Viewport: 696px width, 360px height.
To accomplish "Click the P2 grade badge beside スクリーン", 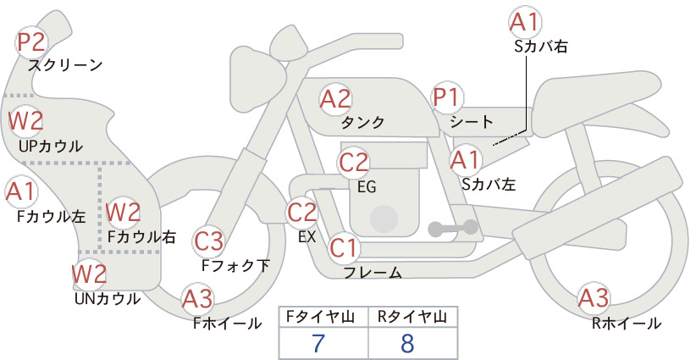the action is (x=31, y=42).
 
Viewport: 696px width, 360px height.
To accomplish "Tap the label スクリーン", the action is (x=65, y=66).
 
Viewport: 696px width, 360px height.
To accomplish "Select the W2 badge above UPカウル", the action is (x=25, y=121).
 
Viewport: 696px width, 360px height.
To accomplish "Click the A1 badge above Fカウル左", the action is (x=20, y=191).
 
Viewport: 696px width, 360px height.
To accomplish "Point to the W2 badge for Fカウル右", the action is (x=124, y=212).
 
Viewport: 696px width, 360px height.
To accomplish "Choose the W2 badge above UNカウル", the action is (x=90, y=274).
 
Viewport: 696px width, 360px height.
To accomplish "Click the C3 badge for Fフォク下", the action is (x=208, y=241).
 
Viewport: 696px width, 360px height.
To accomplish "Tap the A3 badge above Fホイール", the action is (x=197, y=298).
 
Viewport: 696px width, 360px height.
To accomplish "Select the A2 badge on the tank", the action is (x=335, y=99).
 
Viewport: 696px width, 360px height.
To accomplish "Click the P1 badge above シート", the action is (x=447, y=97).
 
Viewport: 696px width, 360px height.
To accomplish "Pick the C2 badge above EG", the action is (x=354, y=163).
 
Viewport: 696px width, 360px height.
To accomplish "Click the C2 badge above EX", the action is (x=302, y=212).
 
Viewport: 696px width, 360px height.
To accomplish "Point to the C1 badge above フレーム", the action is (x=344, y=247).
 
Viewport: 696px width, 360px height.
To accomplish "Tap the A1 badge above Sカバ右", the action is (x=524, y=22).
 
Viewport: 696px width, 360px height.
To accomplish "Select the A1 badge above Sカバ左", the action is (x=465, y=160).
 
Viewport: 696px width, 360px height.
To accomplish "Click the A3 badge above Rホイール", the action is (x=594, y=297).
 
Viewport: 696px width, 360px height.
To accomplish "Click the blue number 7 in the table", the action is (x=318, y=343).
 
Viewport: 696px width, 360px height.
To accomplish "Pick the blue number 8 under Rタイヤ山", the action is (x=407, y=343).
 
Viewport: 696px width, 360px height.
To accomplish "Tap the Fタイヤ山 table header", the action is (x=320, y=317).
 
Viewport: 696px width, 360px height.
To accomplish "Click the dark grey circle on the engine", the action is (x=384, y=219).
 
